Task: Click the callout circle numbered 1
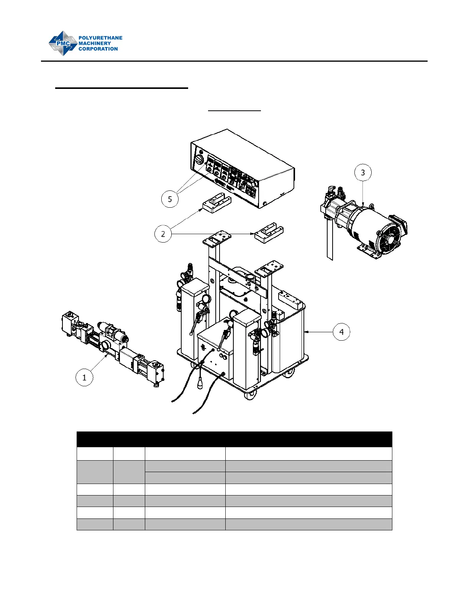tap(84, 377)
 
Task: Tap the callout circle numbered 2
tap(163, 234)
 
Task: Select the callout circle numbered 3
tap(363, 172)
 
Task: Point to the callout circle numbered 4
tap(341, 332)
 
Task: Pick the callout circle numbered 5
tap(170, 199)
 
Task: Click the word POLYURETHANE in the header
tap(100, 38)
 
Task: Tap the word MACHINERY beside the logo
tap(95, 43)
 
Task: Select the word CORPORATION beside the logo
tap(98, 49)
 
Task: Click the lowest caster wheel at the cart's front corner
tap(250, 395)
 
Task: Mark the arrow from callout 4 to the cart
tap(318, 332)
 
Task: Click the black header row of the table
tap(234, 439)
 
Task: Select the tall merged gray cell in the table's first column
tap(95, 472)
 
